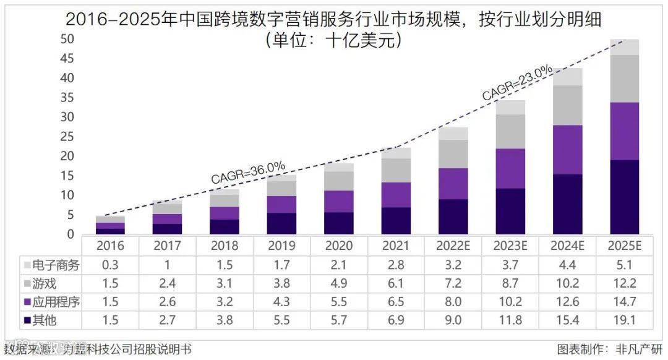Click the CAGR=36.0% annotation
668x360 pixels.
(248, 172)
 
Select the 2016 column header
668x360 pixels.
(110, 246)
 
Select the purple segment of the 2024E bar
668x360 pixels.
(568, 150)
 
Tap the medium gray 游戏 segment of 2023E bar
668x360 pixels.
(511, 131)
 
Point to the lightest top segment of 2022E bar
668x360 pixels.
(453, 134)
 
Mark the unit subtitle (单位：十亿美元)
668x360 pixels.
(334, 41)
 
